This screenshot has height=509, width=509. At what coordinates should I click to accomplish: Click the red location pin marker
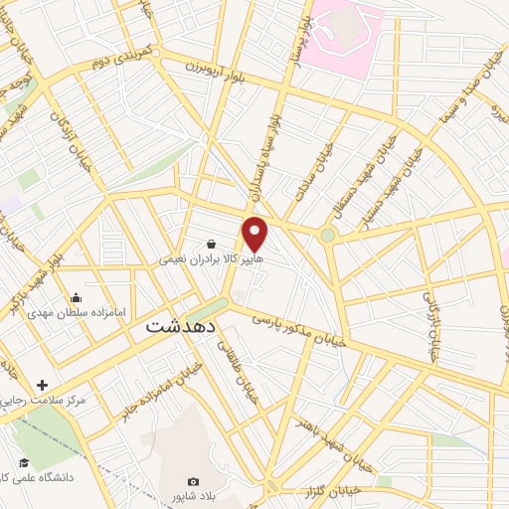pos(255,234)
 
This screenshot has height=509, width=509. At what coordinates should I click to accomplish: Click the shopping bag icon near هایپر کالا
pos(212,243)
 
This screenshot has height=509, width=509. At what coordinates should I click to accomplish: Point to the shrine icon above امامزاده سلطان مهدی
pos(77,297)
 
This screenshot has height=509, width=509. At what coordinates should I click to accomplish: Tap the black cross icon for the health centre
pos(42,385)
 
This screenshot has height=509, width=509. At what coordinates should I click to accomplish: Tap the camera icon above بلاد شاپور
pos(194,482)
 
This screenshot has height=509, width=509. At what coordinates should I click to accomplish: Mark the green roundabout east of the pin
pos(327,235)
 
